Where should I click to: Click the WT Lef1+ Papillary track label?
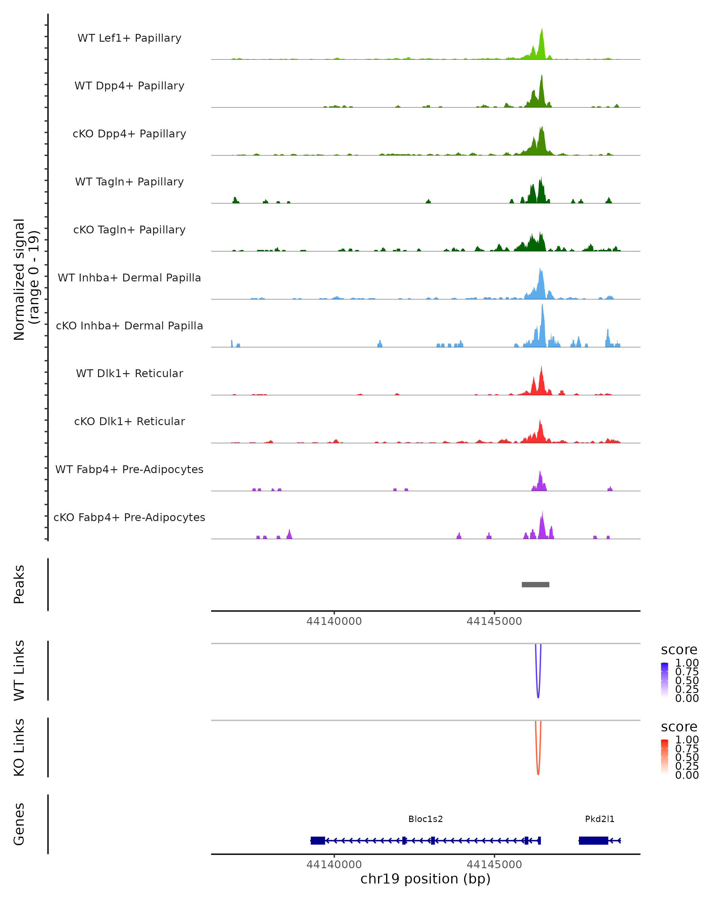click(129, 38)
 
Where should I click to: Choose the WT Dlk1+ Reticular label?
click(129, 373)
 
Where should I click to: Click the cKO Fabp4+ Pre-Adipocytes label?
click(129, 517)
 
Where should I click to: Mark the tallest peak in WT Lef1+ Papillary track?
click(542, 30)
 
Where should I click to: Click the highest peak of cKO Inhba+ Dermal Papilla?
click(542, 306)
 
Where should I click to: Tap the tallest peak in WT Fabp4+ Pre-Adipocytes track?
click(540, 472)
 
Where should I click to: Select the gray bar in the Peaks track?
click(535, 584)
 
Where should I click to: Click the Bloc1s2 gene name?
click(425, 819)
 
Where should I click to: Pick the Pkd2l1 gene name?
click(599, 819)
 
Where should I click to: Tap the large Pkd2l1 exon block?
click(593, 840)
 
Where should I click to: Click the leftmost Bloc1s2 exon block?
click(318, 840)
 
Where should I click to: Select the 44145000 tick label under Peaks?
click(494, 622)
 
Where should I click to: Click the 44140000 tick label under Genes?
click(334, 865)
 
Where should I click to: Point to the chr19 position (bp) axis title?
click(425, 879)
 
